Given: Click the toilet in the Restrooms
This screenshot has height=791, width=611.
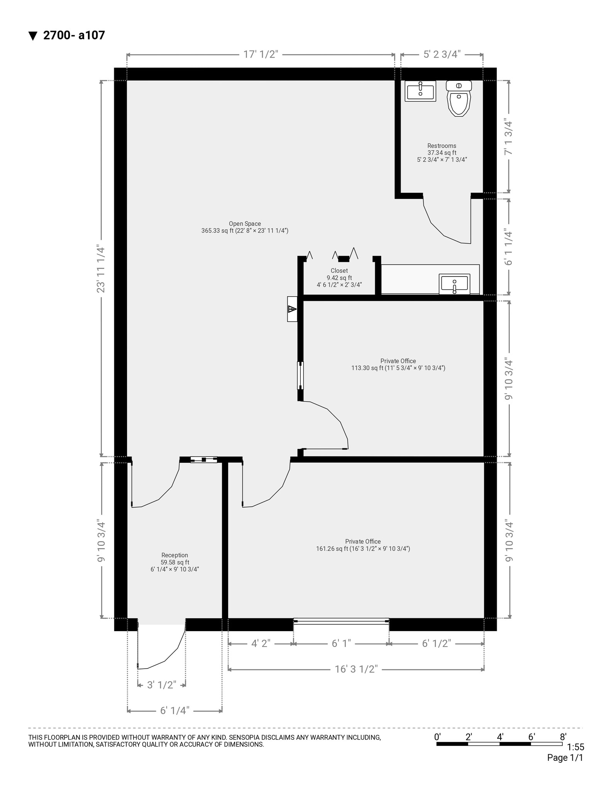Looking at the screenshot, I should pyautogui.click(x=459, y=100).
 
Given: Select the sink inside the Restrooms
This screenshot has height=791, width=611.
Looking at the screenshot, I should pyautogui.click(x=420, y=91).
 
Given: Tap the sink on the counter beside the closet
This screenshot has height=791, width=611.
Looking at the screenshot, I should pyautogui.click(x=454, y=284).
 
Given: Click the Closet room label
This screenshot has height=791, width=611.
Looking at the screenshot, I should pyautogui.click(x=339, y=277).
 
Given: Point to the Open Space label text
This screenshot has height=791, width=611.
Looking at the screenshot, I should pyautogui.click(x=245, y=227).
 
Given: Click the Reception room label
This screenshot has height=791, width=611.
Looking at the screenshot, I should pyautogui.click(x=174, y=562).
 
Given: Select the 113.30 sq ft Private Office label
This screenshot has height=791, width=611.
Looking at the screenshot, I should pyautogui.click(x=398, y=364).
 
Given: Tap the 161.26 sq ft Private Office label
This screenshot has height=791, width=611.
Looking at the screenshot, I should pyautogui.click(x=363, y=545).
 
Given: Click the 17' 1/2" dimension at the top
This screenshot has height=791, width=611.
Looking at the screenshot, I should pyautogui.click(x=261, y=54).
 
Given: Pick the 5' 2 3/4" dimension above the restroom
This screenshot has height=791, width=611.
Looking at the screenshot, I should pyautogui.click(x=442, y=54).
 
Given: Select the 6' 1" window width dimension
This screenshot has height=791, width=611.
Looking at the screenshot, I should pyautogui.click(x=341, y=643).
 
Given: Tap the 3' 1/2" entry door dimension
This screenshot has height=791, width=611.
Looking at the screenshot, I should pyautogui.click(x=162, y=685).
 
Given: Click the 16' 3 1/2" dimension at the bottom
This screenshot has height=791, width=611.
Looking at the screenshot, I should pyautogui.click(x=356, y=669).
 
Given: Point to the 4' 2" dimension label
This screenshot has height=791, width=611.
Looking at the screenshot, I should pyautogui.click(x=261, y=643).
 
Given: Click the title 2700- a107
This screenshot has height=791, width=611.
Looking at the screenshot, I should pyautogui.click(x=74, y=36).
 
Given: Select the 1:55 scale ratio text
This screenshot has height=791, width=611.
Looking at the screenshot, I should pyautogui.click(x=575, y=747).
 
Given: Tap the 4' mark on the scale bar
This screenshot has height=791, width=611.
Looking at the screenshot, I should pyautogui.click(x=500, y=737).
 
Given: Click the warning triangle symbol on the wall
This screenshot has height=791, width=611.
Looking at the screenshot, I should pyautogui.click(x=292, y=309).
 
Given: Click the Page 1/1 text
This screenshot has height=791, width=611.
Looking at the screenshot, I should pyautogui.click(x=565, y=758).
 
